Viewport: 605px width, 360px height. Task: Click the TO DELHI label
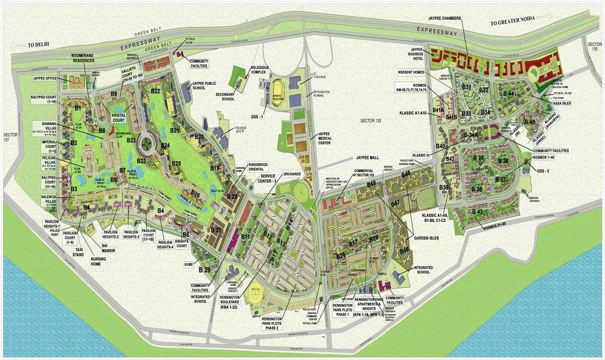41,44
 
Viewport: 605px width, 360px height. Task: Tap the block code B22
155,91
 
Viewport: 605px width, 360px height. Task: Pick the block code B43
478,211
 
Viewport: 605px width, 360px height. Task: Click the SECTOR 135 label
595,47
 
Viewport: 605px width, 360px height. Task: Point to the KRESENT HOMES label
412,73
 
